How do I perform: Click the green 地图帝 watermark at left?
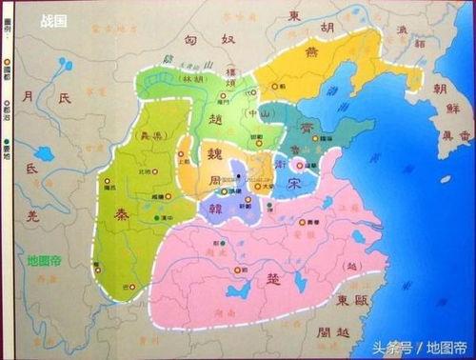pos(45,259)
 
